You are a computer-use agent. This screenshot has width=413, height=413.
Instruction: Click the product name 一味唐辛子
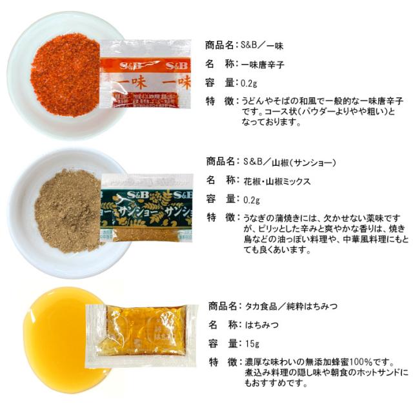[263, 65]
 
